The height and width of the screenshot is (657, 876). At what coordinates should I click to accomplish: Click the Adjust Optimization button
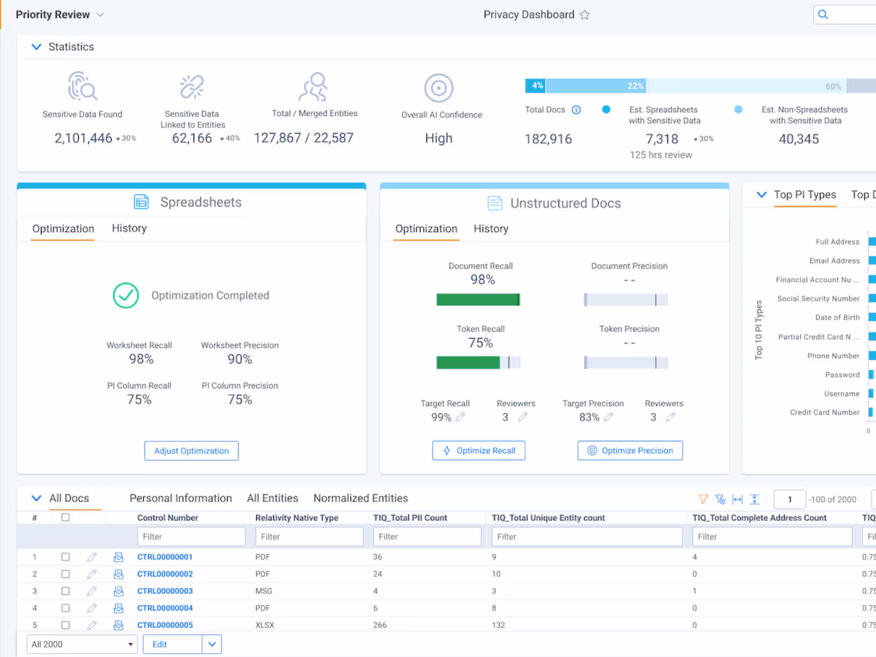coord(192,451)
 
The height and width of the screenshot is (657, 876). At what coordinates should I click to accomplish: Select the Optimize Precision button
coord(630,450)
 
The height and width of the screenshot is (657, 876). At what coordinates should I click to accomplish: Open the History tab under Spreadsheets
coord(129,228)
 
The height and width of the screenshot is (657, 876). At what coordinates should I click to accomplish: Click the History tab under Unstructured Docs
coord(491,228)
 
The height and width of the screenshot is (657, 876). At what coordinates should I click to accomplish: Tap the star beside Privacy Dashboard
coord(585,15)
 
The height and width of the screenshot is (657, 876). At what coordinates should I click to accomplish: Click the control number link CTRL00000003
coord(165,591)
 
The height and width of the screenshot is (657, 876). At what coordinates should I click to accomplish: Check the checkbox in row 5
coord(65,625)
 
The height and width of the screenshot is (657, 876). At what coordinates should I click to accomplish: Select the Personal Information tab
coord(181,498)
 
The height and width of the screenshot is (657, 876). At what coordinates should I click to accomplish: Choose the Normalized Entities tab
coord(361,498)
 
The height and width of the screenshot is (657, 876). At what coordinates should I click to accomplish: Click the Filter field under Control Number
coord(191,537)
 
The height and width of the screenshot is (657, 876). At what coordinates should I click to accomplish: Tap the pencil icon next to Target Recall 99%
coord(461,417)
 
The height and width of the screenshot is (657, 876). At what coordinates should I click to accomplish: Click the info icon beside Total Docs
coord(576,110)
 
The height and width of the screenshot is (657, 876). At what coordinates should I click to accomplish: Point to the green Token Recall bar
coord(468,362)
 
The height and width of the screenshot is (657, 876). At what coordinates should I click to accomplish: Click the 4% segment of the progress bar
coord(536,86)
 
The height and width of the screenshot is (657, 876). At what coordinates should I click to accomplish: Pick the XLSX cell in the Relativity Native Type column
coord(265,625)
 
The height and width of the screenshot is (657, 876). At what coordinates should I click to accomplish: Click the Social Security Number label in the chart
coord(818,299)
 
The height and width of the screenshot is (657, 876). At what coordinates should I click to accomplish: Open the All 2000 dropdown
coord(82,644)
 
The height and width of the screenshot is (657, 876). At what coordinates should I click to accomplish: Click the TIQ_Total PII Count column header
coord(410,518)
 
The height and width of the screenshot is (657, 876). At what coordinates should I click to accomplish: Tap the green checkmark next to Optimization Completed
coord(126,296)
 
